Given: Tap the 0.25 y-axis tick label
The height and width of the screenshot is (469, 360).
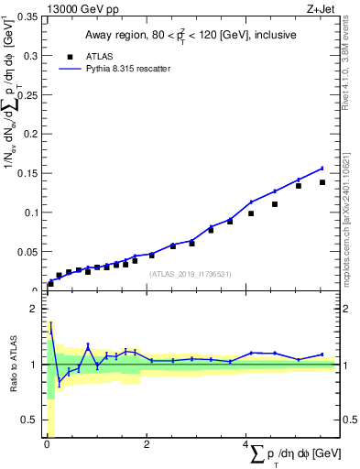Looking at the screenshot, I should pos(27,95).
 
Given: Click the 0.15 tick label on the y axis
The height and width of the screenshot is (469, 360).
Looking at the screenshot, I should pos(27,173).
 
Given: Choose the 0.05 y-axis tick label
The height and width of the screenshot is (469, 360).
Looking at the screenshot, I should pos(27,251).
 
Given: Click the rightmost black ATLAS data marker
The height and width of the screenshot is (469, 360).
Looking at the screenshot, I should pos(322,182).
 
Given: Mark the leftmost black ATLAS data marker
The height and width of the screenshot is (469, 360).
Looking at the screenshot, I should pos(50,284).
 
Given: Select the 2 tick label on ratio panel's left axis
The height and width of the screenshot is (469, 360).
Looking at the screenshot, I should pos(34,309).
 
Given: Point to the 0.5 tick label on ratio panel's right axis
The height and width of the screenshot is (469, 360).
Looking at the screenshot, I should pos(348,420).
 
